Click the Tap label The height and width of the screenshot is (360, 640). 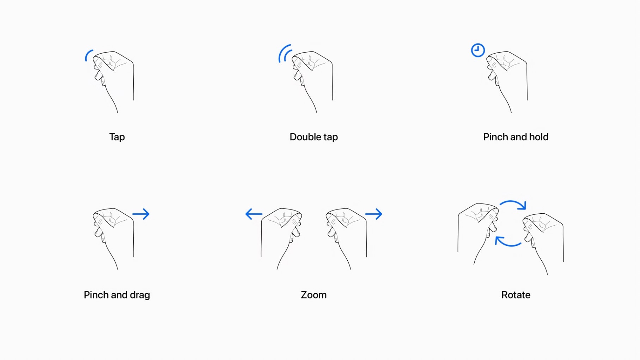point(117,137)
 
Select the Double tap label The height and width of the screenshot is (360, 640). point(313,137)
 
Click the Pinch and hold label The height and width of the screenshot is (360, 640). point(516,137)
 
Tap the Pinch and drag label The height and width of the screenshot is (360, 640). point(117,295)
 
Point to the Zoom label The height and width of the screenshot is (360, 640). point(313,295)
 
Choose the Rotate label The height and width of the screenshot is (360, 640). point(516,295)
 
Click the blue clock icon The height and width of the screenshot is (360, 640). point(478,50)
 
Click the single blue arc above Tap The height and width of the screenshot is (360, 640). point(88,56)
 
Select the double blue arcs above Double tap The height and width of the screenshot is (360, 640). point(285,54)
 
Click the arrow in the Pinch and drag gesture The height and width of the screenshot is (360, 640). point(141,214)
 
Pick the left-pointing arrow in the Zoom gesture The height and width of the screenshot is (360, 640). point(254,214)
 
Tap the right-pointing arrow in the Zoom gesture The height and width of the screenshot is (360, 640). point(374,214)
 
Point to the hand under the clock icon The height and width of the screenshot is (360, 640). point(508,78)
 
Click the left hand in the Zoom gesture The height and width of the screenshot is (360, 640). point(281,234)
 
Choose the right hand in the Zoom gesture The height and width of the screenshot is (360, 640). point(347,234)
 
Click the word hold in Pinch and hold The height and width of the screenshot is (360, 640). point(538,137)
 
